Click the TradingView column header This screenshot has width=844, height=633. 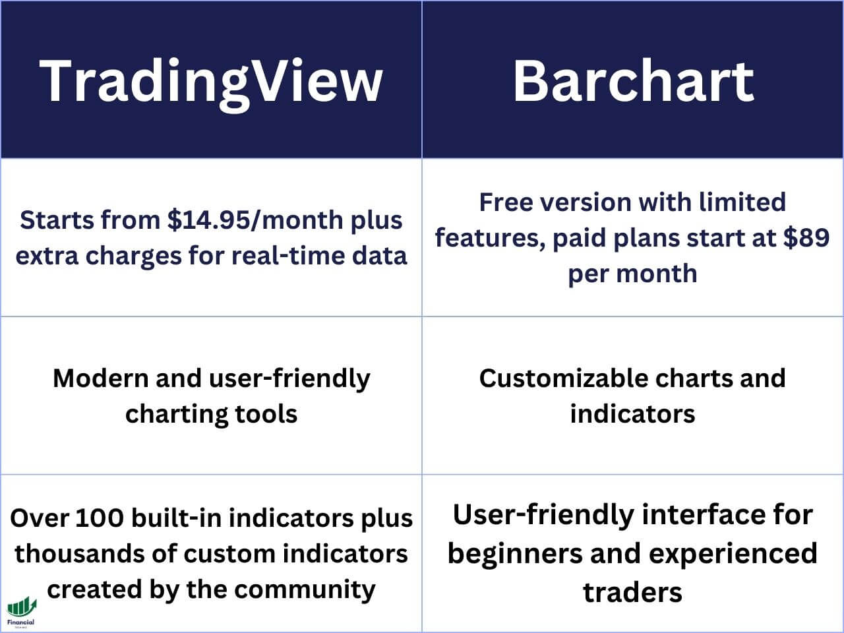211,80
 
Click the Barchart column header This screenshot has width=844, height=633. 633,80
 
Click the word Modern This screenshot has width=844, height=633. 100,378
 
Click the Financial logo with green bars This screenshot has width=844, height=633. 21,610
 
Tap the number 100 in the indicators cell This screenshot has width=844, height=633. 99,518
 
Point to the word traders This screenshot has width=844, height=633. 633,591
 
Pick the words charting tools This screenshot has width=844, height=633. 211,414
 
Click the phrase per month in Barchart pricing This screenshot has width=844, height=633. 633,273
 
